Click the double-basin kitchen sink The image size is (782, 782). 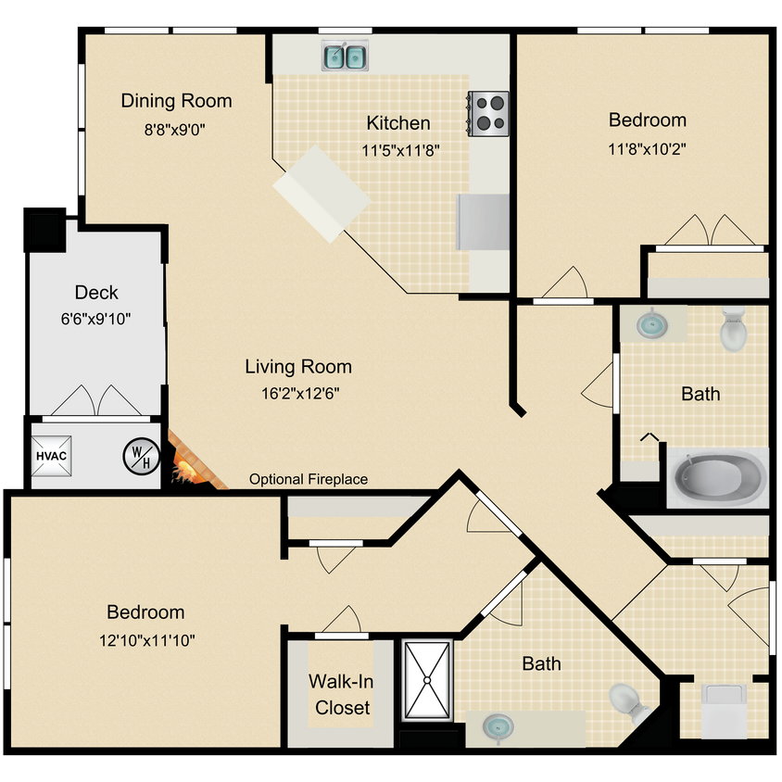[x=346, y=57]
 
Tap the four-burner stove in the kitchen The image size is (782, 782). [x=488, y=112]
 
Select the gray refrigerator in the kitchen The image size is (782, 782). [x=484, y=222]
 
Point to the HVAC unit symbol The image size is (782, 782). [x=52, y=456]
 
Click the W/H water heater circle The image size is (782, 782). [x=141, y=456]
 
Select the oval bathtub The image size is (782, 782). [x=718, y=478]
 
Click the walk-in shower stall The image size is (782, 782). [x=426, y=680]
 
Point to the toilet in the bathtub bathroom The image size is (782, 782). [x=734, y=329]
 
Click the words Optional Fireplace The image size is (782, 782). [x=309, y=480]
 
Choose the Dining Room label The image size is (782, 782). [x=176, y=100]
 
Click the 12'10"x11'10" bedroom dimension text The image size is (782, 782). [x=145, y=639]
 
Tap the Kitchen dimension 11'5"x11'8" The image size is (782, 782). [x=398, y=149]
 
